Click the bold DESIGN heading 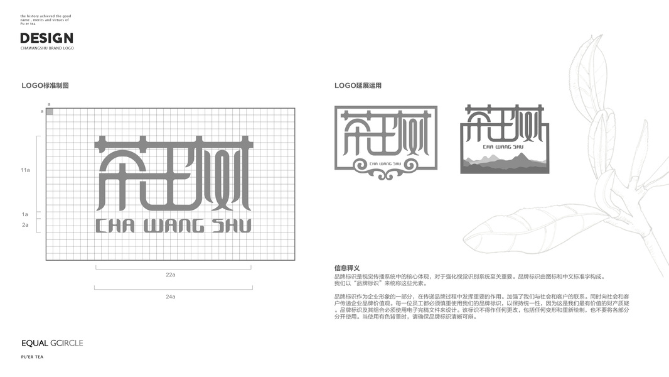46,38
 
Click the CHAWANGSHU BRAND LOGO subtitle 47,48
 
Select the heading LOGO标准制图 45,85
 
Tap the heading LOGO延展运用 358,85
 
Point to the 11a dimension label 25,170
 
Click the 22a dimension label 170,275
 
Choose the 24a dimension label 170,296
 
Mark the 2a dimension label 25,224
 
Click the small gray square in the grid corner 50,111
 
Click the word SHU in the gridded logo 232,226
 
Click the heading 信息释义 347,268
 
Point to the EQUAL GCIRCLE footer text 52,343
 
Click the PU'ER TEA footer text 32,357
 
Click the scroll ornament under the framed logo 385,167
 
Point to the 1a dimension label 25,214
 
